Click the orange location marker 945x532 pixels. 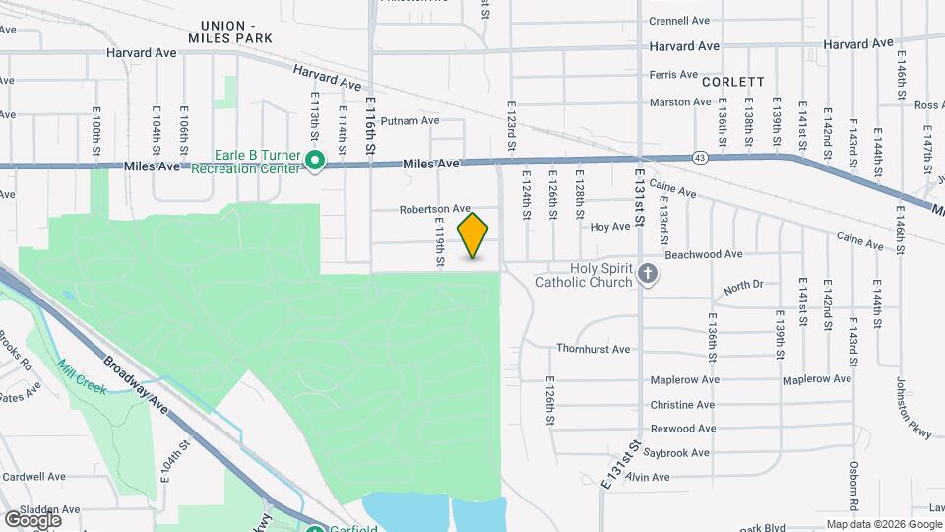[x=473, y=234]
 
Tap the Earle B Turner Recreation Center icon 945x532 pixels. [x=315, y=160]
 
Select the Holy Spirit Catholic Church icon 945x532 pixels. [x=647, y=275]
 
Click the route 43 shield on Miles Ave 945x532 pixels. [x=699, y=157]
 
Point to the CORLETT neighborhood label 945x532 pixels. [x=733, y=82]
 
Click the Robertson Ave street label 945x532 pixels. [x=435, y=209]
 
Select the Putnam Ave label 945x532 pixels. [x=409, y=121]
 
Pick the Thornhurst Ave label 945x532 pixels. [x=593, y=349]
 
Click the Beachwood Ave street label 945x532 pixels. [x=704, y=254]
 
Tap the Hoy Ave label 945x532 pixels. [x=609, y=227]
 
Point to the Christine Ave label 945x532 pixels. [x=682, y=405]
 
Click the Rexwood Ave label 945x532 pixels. [x=682, y=429]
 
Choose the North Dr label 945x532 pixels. [x=743, y=288]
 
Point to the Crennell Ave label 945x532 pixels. [x=679, y=20]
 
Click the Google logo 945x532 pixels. [x=32, y=519]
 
